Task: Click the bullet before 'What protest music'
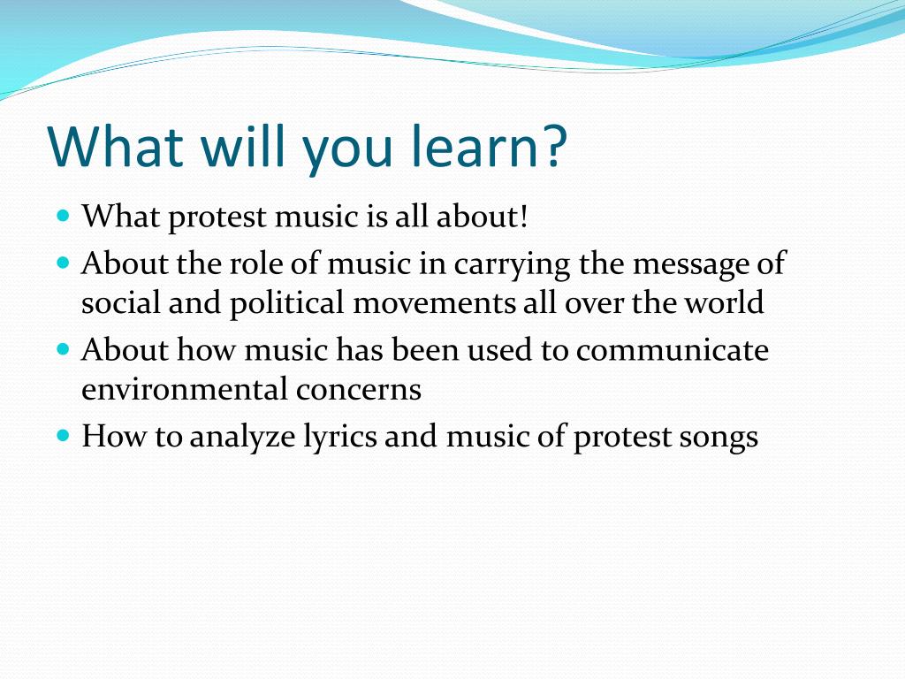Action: point(63,215)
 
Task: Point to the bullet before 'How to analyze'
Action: point(63,436)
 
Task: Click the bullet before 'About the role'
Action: point(63,263)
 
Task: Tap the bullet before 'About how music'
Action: point(63,349)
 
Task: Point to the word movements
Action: point(436,304)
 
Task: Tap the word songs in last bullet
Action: point(719,439)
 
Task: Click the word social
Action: point(117,304)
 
